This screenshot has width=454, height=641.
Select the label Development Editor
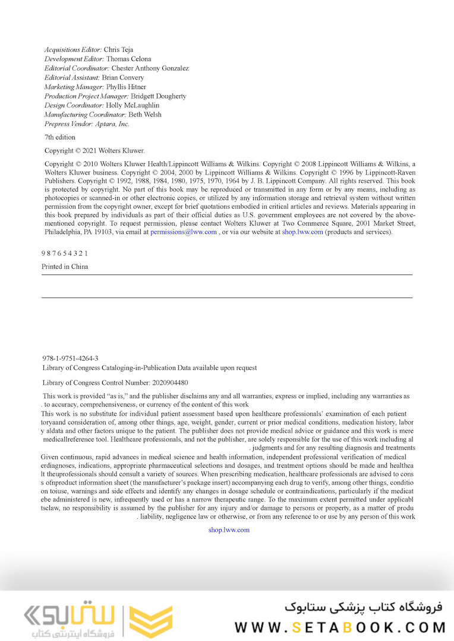[74, 59]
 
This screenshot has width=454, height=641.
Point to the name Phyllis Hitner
[126, 87]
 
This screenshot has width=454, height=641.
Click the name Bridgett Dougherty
[159, 96]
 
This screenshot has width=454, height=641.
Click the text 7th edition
[60, 137]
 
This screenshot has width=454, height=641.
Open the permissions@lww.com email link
[184, 232]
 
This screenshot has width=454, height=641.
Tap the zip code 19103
[99, 232]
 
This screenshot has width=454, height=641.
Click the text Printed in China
[65, 266]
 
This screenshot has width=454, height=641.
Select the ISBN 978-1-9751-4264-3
[71, 358]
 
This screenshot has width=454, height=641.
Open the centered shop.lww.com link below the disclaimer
[229, 530]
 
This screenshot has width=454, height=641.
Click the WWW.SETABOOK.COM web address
[340, 627]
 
